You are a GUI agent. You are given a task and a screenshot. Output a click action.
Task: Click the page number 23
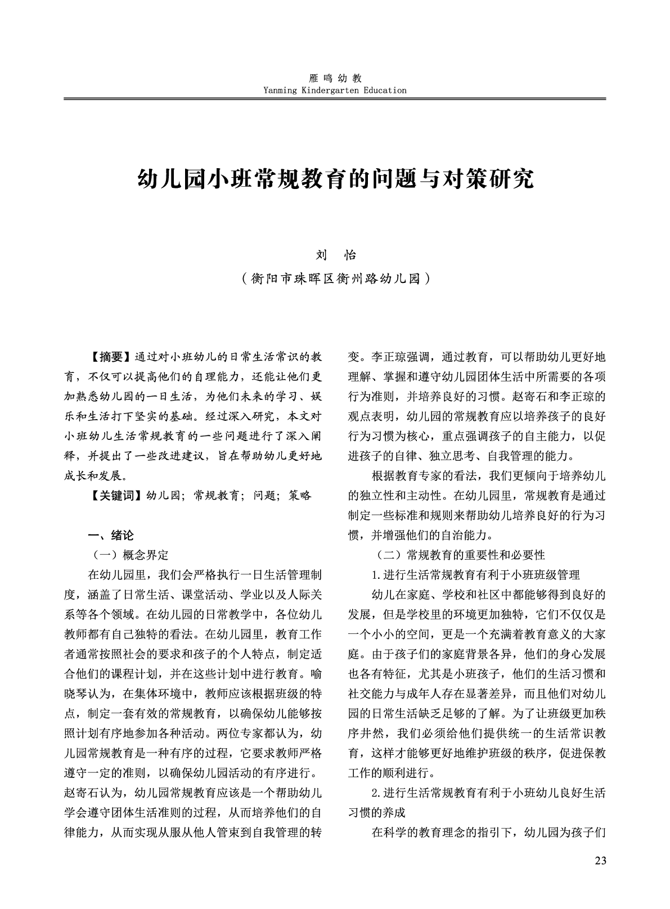[x=600, y=861]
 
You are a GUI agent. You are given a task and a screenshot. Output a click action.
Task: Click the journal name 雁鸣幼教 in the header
[x=335, y=78]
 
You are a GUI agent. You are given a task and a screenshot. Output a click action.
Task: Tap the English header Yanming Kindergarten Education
[x=335, y=90]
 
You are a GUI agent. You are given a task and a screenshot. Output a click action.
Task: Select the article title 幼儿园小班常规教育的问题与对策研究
[x=335, y=179]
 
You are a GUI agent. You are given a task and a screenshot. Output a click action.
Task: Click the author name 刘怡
[x=335, y=255]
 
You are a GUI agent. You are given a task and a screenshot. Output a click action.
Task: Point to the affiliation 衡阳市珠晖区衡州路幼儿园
[x=335, y=278]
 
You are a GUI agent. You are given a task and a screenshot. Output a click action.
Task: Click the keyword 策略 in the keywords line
[x=300, y=496]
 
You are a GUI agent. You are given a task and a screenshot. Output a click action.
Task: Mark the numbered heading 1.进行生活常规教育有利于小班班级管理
[x=475, y=575]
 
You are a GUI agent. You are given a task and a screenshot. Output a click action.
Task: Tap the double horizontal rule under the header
[x=335, y=99]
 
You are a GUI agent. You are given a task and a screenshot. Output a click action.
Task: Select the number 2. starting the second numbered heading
[x=377, y=793]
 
